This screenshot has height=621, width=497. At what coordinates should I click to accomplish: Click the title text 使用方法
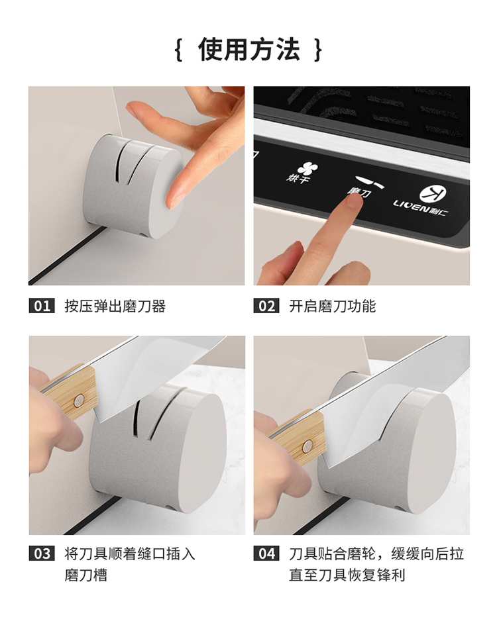[x=249, y=50]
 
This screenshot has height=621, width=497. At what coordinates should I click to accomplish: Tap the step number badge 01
[x=42, y=306]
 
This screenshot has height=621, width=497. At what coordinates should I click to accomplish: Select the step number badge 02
[x=266, y=306]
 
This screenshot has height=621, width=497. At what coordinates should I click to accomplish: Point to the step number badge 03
[x=42, y=553]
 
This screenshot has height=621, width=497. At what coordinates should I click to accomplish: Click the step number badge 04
[x=266, y=553]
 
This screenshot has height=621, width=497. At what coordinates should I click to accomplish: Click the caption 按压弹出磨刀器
[x=115, y=306]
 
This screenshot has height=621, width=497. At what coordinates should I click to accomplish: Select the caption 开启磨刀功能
[x=332, y=306]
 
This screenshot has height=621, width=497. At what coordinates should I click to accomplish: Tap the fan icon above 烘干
[x=308, y=169]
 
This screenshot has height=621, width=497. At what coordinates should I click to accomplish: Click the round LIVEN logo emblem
[x=433, y=195]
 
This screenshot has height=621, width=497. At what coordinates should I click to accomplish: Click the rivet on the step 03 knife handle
[x=79, y=401]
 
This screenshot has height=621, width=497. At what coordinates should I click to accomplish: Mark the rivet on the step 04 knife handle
[x=307, y=446]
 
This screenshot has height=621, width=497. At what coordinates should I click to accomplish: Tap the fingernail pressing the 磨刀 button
[x=353, y=202]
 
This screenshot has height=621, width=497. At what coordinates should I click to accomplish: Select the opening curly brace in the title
[x=179, y=50]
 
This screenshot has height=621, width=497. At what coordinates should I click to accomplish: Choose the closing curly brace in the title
[x=317, y=50]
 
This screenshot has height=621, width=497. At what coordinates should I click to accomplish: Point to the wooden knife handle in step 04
[x=300, y=436]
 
